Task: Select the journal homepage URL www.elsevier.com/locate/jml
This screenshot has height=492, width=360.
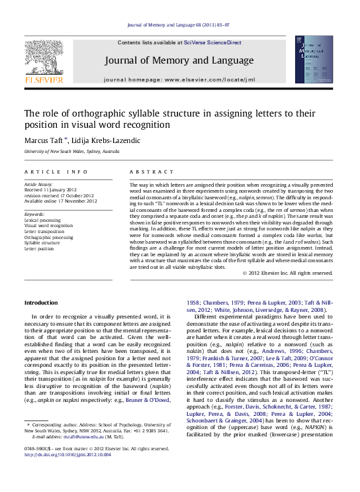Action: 209,79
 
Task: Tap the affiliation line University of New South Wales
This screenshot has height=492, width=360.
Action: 71,152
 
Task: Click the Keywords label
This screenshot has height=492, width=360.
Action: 34,215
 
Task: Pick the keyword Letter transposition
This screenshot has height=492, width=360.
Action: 44,231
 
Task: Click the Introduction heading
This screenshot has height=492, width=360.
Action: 41,303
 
